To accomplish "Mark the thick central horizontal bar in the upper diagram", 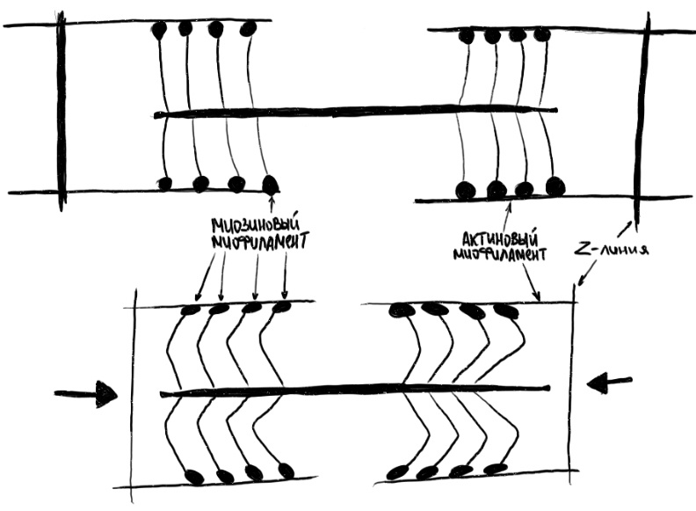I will click(x=355, y=112).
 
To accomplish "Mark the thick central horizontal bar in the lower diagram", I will click(x=355, y=391).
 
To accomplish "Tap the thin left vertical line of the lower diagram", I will click(x=133, y=396).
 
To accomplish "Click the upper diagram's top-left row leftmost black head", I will click(x=159, y=30).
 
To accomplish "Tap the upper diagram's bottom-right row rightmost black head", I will click(x=555, y=186).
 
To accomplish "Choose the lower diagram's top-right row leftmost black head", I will click(x=401, y=310).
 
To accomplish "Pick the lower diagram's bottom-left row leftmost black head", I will click(x=195, y=476).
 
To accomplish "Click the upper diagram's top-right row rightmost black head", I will click(x=541, y=34).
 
